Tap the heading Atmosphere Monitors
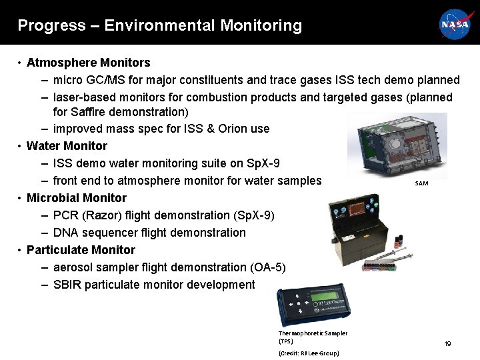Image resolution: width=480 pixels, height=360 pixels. coord(89,63)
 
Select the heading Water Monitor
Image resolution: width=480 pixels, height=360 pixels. coord(67,145)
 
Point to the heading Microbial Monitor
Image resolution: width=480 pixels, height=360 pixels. coord(77,198)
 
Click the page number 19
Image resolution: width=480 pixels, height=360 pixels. coord(447,344)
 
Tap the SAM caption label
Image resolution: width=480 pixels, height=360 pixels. coord(421,183)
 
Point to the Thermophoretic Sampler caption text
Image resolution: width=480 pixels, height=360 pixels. coord(312,337)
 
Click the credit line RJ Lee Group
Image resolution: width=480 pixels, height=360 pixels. coord(309,353)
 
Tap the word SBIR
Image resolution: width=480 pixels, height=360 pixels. coord(68,285)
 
